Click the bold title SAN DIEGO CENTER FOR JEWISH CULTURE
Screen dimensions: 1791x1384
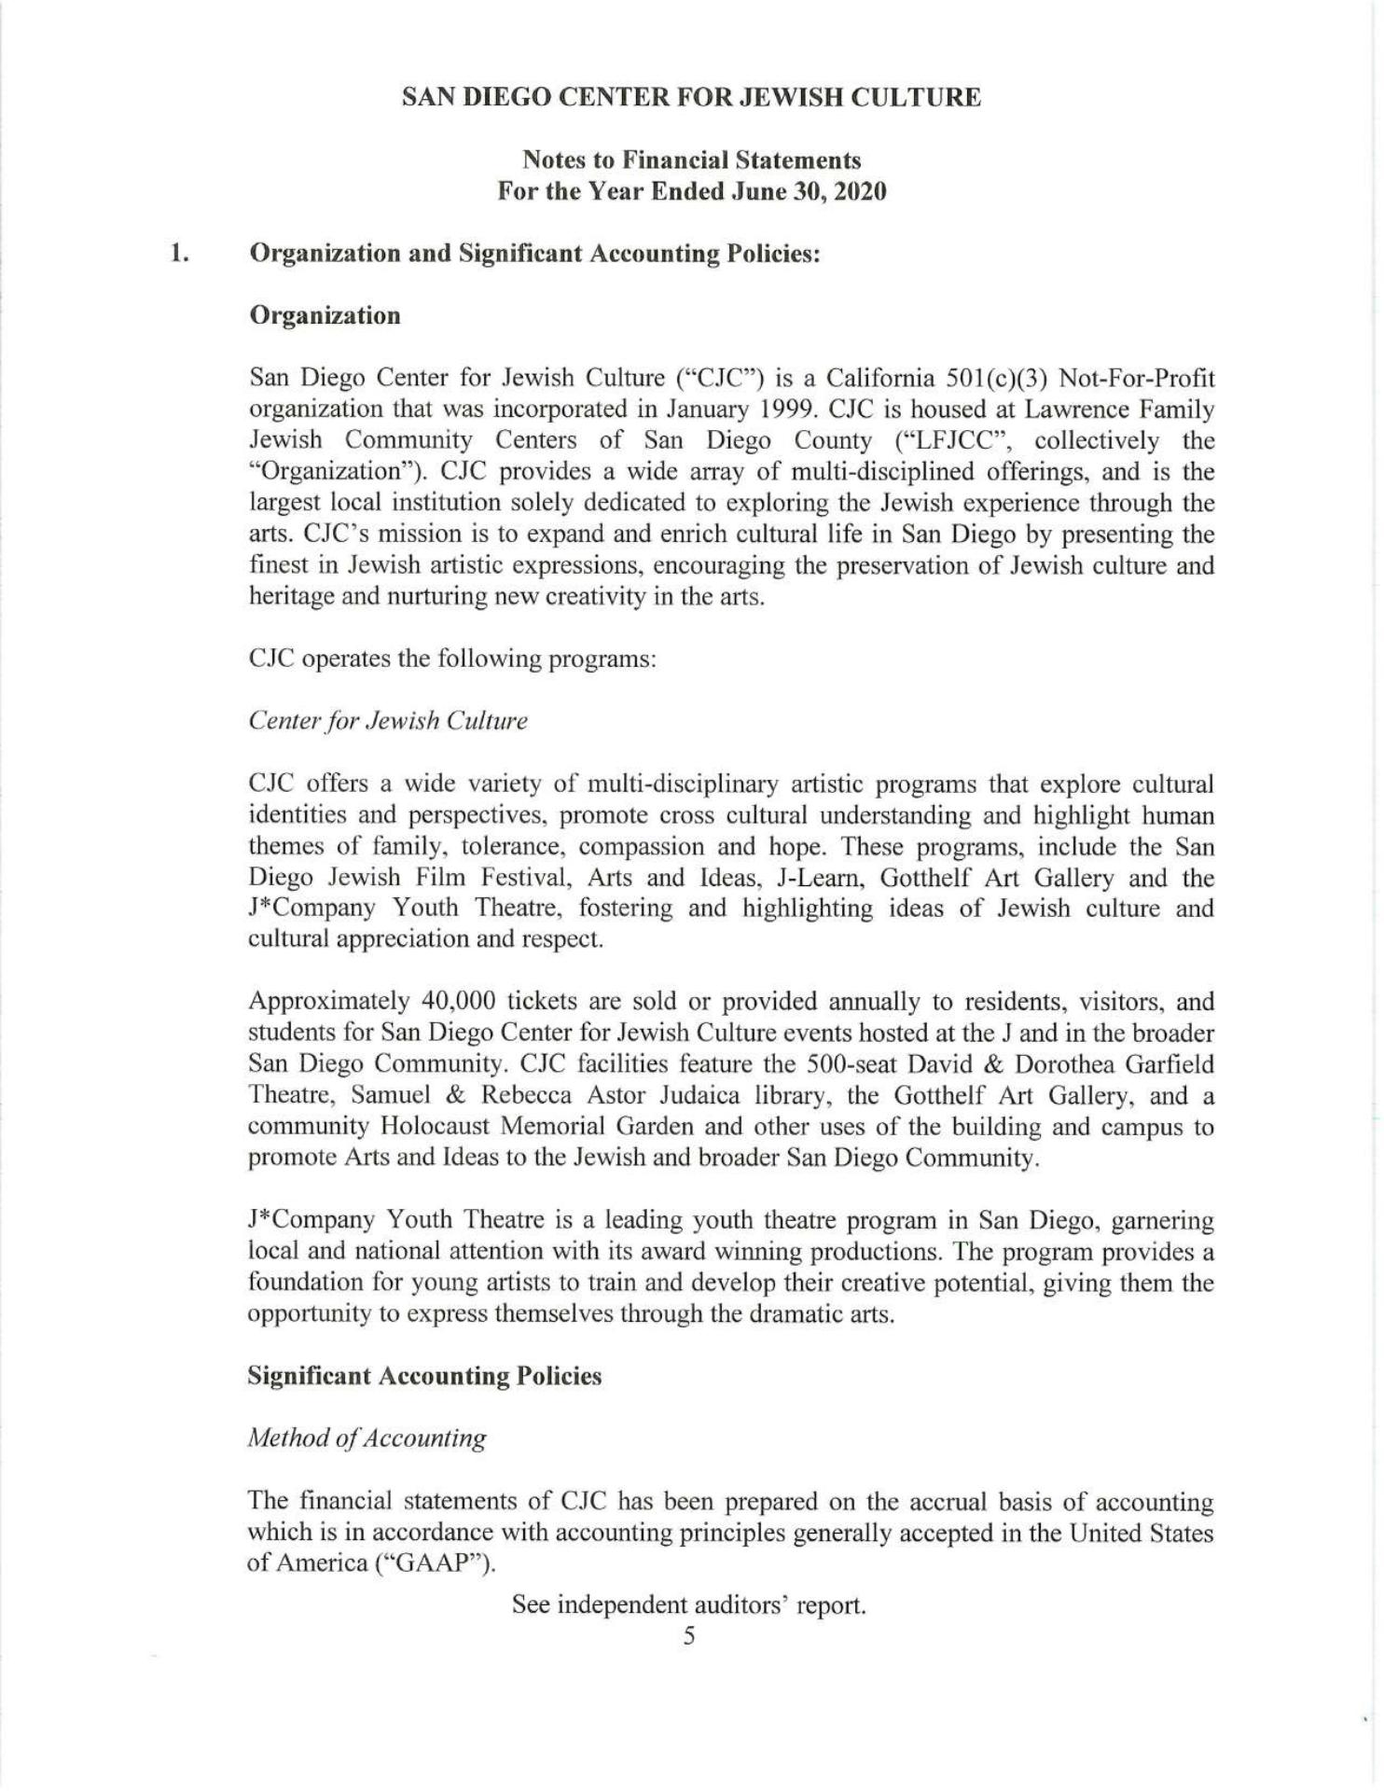(x=691, y=98)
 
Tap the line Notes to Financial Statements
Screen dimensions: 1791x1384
(x=691, y=160)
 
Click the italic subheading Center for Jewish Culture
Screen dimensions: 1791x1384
(x=388, y=721)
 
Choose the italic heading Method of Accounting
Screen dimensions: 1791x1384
(x=367, y=1438)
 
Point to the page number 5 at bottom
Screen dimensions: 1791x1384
(x=689, y=1636)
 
